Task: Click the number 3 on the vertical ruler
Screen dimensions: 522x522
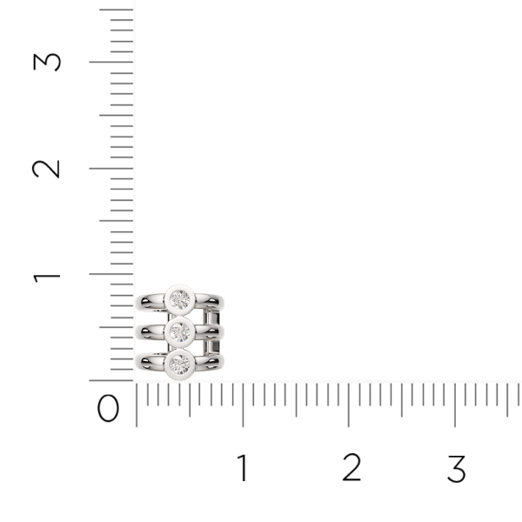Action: click(47, 62)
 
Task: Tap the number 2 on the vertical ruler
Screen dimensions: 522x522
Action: click(47, 168)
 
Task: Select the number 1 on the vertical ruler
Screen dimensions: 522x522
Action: click(47, 275)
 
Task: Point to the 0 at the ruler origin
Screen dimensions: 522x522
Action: click(109, 408)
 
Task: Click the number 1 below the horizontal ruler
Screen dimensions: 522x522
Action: click(243, 469)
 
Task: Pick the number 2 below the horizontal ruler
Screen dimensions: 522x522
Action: click(351, 469)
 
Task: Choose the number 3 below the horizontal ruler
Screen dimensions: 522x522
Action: click(456, 469)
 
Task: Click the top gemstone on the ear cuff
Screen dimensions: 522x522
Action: click(180, 300)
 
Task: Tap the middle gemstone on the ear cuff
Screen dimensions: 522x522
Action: click(180, 331)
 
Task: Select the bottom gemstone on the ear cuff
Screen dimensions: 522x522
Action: click(180, 361)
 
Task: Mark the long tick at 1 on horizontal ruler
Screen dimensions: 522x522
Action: click(243, 405)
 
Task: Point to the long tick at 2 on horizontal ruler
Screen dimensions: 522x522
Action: click(349, 405)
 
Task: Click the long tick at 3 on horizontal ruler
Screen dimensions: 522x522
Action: click(455, 405)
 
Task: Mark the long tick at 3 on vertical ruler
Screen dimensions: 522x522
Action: click(111, 62)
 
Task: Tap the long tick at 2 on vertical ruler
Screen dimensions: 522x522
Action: click(111, 168)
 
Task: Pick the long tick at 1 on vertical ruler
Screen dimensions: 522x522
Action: click(111, 274)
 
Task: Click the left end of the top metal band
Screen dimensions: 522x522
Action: click(144, 302)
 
